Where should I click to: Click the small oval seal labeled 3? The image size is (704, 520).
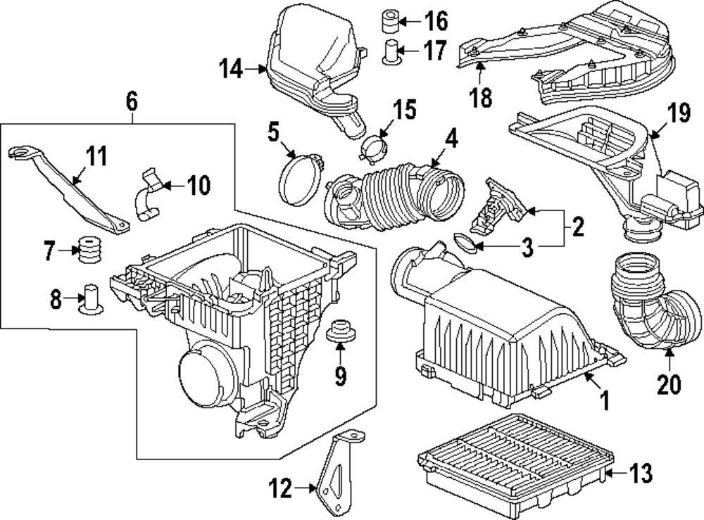[463, 244]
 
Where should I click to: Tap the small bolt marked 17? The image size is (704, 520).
[392, 52]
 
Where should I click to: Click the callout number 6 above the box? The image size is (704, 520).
[132, 101]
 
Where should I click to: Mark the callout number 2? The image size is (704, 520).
[577, 227]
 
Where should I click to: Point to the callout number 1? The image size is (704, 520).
[604, 402]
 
